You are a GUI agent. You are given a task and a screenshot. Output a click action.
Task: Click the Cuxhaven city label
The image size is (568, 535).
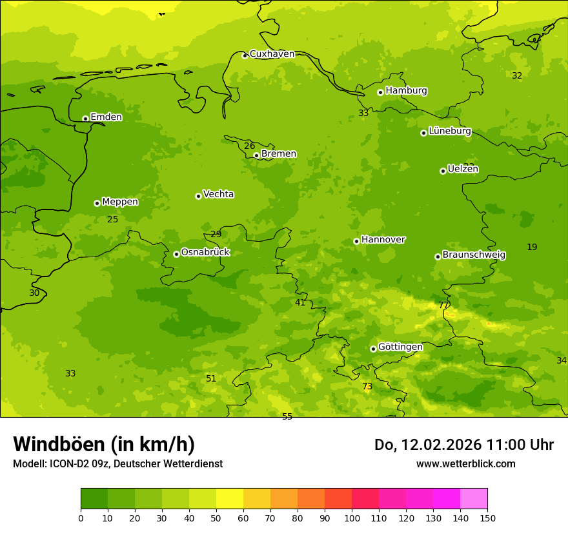(x=272, y=54)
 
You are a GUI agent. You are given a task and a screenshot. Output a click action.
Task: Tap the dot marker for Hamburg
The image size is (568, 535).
(x=380, y=92)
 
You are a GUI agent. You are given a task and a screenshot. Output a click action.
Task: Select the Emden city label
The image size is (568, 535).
(x=106, y=117)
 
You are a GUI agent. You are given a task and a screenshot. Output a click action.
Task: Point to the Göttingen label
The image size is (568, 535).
(x=400, y=347)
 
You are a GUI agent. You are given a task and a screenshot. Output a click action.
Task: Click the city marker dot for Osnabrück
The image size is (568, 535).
(x=176, y=254)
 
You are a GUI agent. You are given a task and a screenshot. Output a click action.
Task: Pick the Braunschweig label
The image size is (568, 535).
(x=474, y=255)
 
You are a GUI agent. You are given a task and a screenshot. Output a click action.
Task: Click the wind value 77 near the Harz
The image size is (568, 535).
(x=443, y=305)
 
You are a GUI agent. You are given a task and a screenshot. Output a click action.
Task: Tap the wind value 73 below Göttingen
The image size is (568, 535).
(x=367, y=387)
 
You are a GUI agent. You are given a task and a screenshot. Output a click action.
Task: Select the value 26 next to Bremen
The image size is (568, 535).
(x=249, y=146)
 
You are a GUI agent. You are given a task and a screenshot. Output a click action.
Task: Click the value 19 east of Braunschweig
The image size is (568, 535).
(x=532, y=247)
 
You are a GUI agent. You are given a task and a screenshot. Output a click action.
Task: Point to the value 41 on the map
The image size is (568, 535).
(x=300, y=302)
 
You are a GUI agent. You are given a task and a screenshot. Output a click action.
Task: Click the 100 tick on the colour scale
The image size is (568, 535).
(x=352, y=518)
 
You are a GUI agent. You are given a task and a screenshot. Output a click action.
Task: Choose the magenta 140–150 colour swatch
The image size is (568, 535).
(x=474, y=498)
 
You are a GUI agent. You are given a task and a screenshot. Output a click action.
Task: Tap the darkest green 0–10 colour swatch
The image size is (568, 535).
(x=94, y=498)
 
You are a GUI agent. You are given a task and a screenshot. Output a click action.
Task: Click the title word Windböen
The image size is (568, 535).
(x=58, y=444)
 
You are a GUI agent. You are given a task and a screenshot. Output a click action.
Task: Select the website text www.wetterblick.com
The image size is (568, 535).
(x=465, y=463)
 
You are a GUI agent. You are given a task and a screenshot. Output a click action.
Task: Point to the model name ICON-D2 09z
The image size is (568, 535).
(x=78, y=463)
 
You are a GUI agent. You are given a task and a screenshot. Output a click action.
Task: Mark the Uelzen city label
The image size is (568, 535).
(x=463, y=169)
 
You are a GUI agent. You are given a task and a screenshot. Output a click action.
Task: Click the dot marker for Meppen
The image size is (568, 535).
(x=97, y=203)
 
